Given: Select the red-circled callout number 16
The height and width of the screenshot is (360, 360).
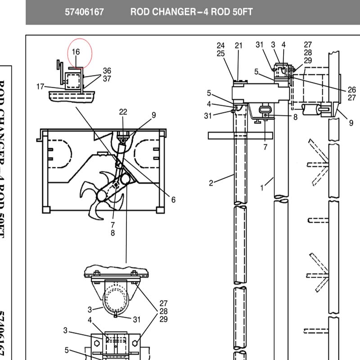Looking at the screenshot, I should pos(76,52).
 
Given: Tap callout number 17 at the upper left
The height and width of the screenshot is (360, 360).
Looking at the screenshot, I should pos(40,86).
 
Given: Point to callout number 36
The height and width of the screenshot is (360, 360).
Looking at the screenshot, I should pos(107,71).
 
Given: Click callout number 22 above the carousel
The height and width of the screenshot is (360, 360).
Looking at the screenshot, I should pos(123,112).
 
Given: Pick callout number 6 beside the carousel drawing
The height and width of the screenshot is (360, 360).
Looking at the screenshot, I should pos(173,200).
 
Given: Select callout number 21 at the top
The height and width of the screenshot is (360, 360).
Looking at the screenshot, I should pos(238,45).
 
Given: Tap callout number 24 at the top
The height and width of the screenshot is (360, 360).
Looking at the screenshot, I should pos(220,45).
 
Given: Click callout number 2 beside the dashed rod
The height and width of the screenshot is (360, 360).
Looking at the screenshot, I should pos(211,183).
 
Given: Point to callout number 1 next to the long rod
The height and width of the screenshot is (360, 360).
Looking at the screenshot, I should pos(262,188).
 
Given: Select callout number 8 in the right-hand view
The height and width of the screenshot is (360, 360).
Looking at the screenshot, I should pos(295,117).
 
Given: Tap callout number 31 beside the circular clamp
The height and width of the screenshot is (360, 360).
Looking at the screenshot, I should pos(136,319).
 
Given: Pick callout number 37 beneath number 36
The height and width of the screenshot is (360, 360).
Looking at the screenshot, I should pos(107,79).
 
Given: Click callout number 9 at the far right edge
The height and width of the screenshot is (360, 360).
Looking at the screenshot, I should pos(351,122).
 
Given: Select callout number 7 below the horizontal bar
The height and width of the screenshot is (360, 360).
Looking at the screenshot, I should pos(265,147).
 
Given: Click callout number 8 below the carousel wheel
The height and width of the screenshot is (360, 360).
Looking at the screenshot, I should pos(112,233).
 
